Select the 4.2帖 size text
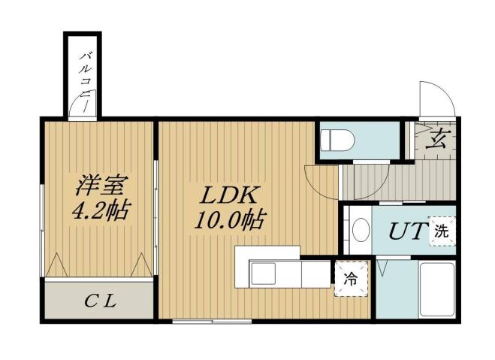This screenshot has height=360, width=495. point(99,210)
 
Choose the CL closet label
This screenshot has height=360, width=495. point(99,302)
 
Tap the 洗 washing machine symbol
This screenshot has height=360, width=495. point(442,232)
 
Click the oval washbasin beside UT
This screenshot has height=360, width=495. point(360,230)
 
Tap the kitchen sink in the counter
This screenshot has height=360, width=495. point(264,274)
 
